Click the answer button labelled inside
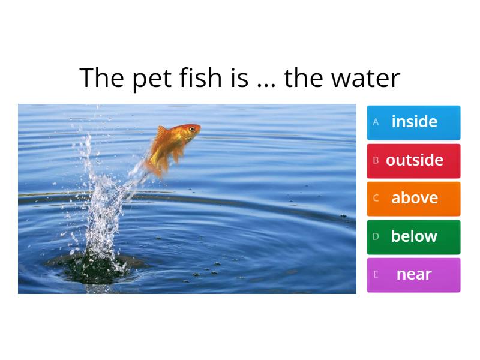413,122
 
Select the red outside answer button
413,160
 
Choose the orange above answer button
413,199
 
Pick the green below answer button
413,236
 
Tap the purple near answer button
413,275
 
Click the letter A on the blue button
376,122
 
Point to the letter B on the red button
376,160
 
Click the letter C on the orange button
376,199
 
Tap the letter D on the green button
376,236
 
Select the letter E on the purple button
376,275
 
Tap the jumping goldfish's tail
154,165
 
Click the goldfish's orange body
171,141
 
